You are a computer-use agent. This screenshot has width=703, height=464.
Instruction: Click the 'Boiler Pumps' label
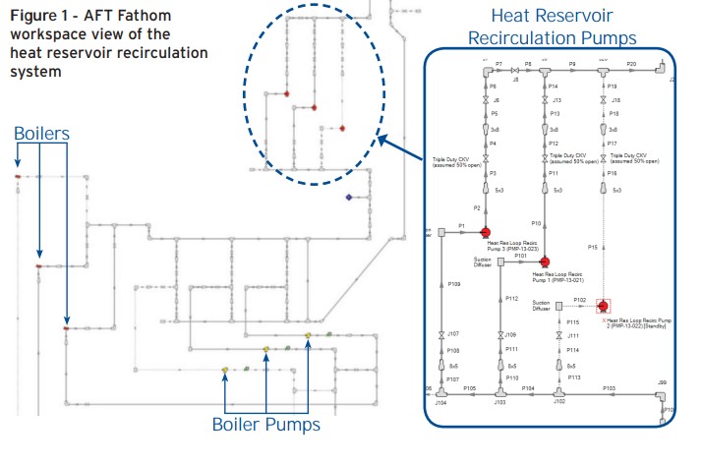(265, 425)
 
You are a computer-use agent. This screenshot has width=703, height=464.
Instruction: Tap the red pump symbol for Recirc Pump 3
(485, 232)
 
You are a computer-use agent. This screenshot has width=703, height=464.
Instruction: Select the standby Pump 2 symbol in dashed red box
(601, 307)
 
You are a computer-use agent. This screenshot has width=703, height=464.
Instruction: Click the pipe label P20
(631, 63)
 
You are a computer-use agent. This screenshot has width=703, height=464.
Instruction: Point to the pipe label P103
(610, 388)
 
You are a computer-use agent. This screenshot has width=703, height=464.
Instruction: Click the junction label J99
(662, 381)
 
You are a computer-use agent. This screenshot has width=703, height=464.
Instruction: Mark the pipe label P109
(453, 284)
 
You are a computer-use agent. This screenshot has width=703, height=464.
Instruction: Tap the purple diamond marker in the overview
(348, 198)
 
